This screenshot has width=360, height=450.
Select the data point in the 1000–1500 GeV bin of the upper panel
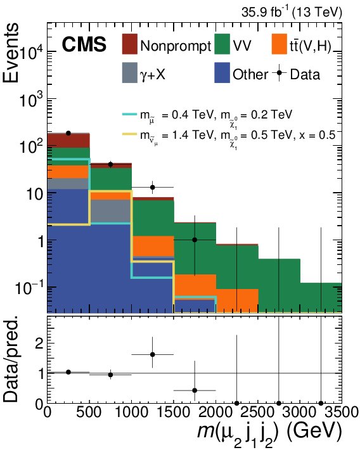(x=152, y=187)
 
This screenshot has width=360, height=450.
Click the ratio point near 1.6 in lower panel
(x=152, y=354)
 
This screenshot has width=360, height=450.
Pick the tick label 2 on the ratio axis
(x=39, y=344)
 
